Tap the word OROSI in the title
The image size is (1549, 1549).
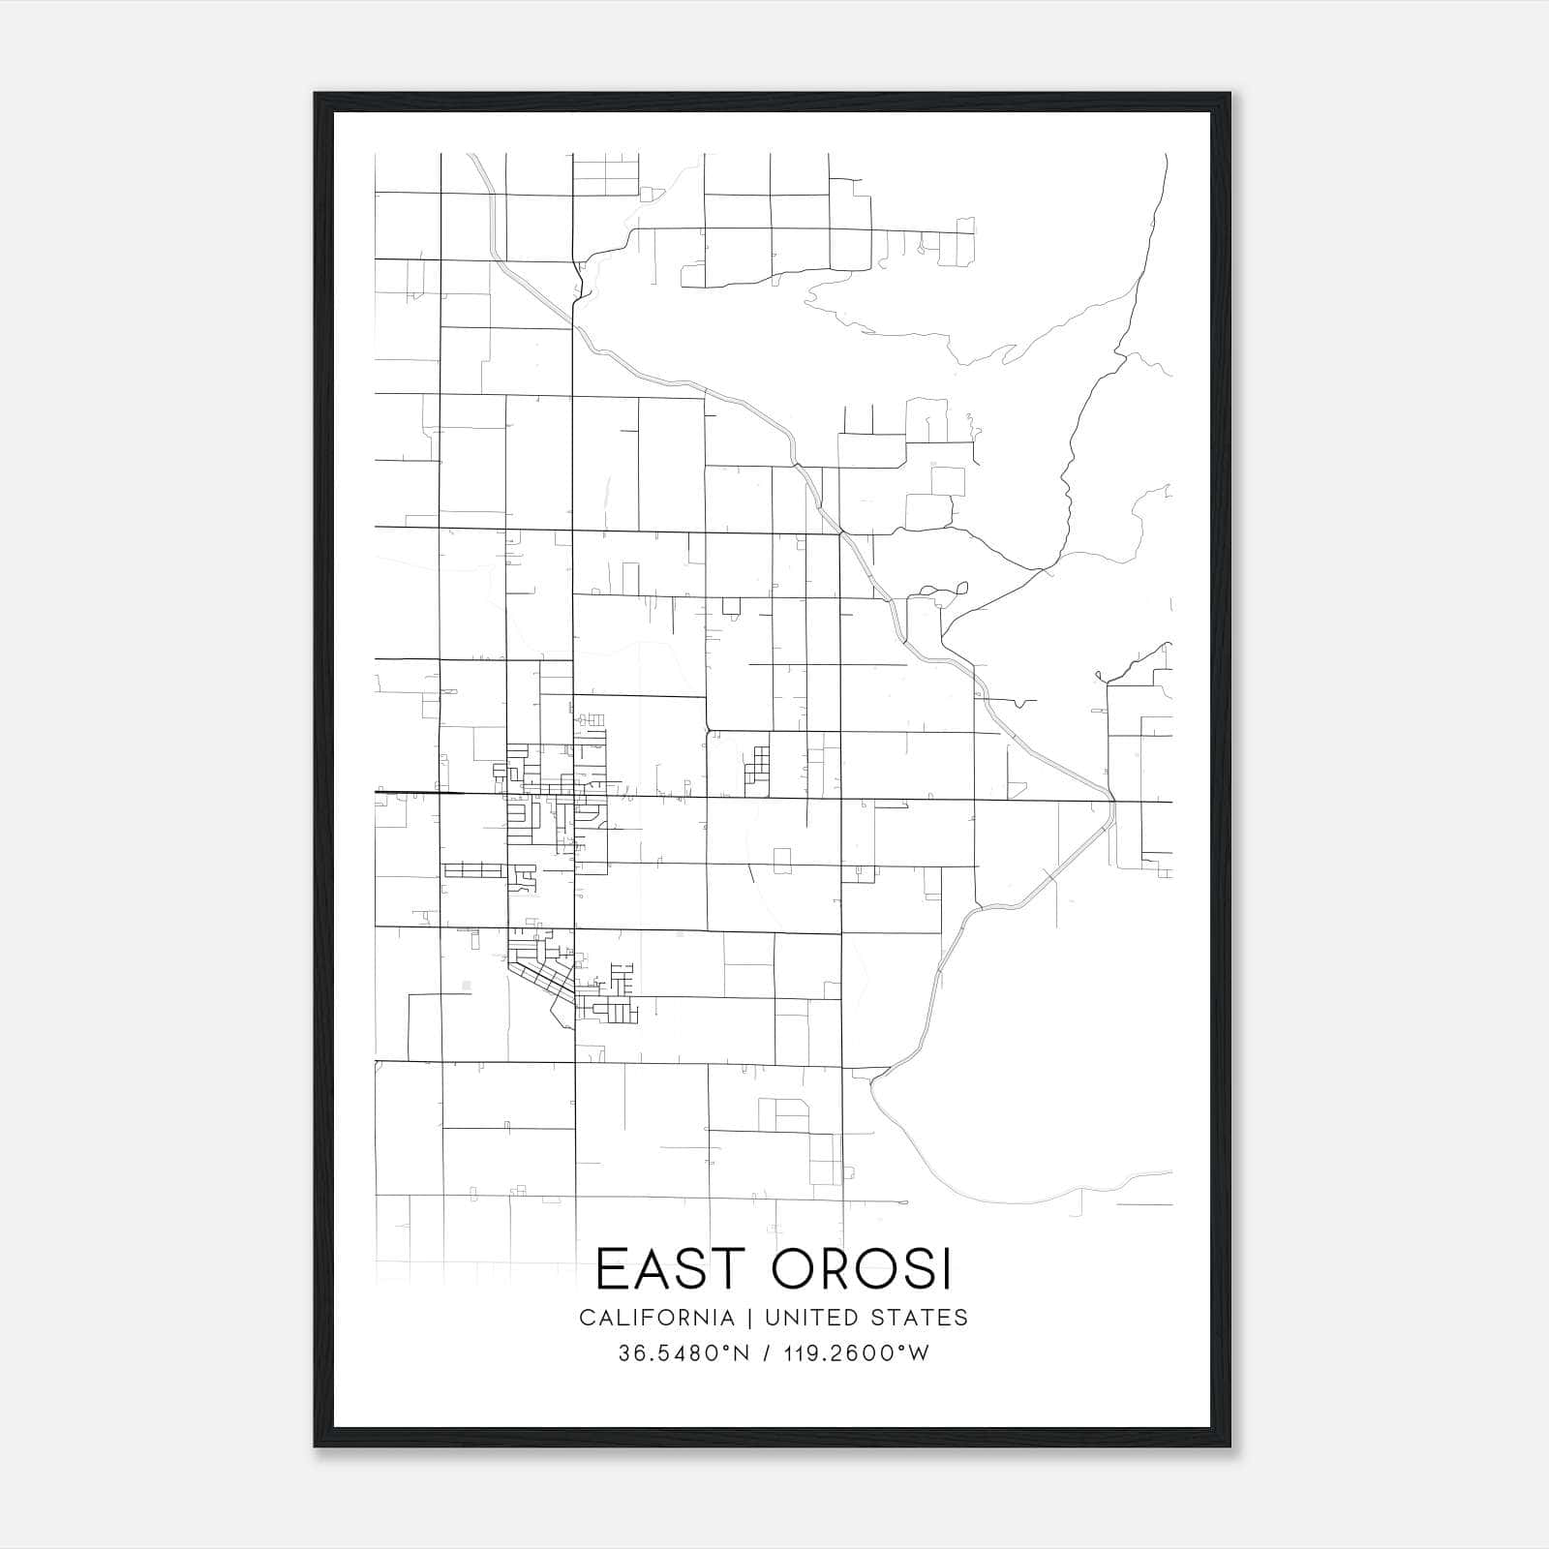tap(862, 1269)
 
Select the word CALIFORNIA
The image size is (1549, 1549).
tap(656, 1318)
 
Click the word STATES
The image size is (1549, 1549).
tap(920, 1318)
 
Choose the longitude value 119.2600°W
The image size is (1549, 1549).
tap(855, 1353)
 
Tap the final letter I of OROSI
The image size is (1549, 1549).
tap(946, 1269)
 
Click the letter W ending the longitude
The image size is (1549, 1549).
tap(919, 1353)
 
